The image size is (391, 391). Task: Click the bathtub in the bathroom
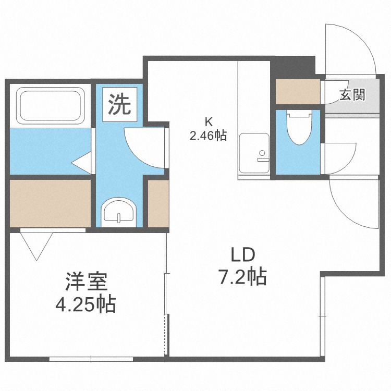click(x=51, y=105)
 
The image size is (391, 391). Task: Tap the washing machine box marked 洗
click(x=120, y=104)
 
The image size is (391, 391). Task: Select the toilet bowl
click(x=299, y=127)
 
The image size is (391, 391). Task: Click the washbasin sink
click(x=119, y=212)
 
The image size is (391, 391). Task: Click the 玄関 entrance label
click(x=352, y=95)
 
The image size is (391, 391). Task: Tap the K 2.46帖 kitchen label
click(x=208, y=129)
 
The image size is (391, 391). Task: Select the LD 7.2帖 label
click(x=243, y=266)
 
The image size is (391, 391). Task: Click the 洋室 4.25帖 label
click(x=85, y=292)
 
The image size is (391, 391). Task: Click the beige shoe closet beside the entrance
click(x=298, y=92)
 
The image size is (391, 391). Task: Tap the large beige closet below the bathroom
click(x=50, y=203)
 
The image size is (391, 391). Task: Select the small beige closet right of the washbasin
click(x=158, y=203)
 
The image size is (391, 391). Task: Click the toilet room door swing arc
click(x=350, y=162)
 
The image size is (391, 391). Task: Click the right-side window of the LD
click(x=322, y=316)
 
